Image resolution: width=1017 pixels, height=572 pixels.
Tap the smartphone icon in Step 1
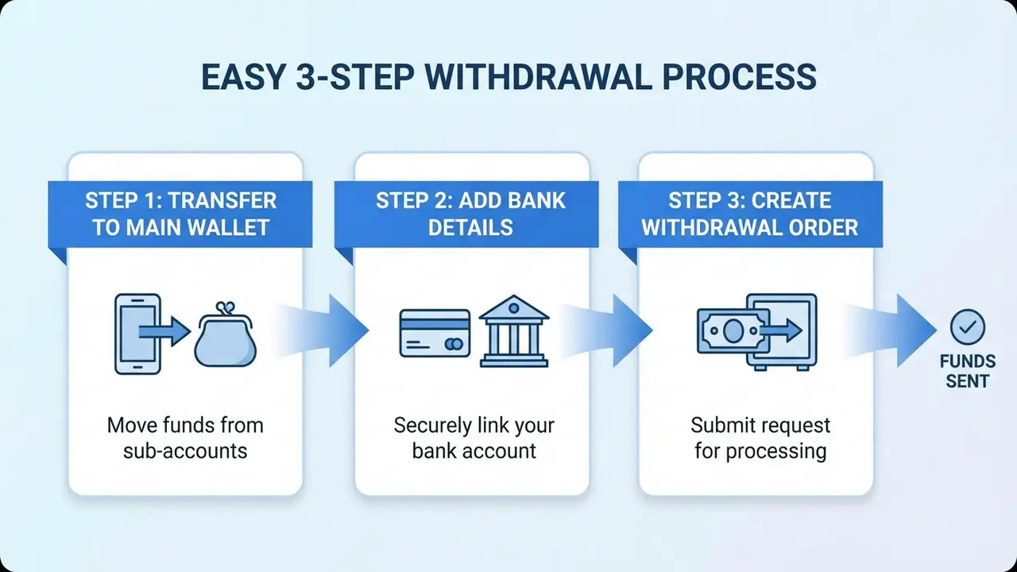pyautogui.click(x=137, y=334)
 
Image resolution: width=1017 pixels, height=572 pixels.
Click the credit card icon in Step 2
pyautogui.click(x=432, y=334)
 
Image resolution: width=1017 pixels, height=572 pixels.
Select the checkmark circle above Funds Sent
pyautogui.click(x=967, y=327)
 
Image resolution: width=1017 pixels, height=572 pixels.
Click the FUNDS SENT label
pyautogui.click(x=967, y=371)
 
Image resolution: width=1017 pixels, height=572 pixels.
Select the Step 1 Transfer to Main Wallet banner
pyautogui.click(x=180, y=214)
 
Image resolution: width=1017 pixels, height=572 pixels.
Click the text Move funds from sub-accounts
pyautogui.click(x=185, y=438)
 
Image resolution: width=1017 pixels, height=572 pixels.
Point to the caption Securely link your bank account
pyautogui.click(x=474, y=438)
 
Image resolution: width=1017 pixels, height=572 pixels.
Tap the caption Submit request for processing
pyautogui.click(x=760, y=438)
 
